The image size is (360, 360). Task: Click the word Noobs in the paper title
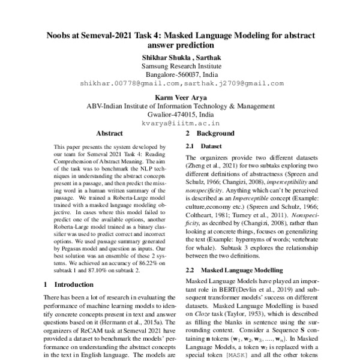[60, 35]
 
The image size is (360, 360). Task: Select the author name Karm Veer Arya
[180, 95]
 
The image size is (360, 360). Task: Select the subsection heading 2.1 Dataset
[207, 146]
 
